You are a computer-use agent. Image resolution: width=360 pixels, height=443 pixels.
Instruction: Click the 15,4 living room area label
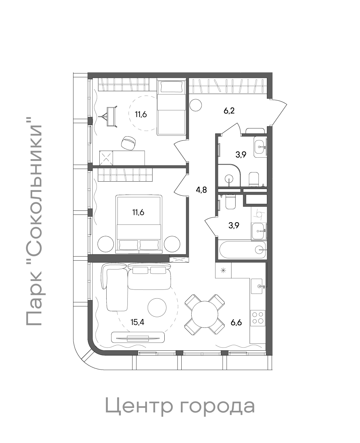(137, 322)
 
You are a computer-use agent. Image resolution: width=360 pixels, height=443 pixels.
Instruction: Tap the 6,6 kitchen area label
(236, 323)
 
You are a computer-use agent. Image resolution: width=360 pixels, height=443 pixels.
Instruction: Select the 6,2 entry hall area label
(229, 110)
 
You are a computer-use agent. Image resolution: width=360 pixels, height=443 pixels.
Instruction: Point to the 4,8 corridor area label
(201, 190)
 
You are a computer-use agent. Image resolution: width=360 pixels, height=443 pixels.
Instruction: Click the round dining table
(205, 314)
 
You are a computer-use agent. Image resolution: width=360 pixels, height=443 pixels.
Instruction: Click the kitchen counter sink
(258, 286)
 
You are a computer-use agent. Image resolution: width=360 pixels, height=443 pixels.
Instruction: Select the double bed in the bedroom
(139, 224)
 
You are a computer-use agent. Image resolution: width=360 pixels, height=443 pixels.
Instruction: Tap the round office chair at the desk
(129, 142)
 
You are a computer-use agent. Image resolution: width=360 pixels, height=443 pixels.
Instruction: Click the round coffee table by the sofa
(157, 308)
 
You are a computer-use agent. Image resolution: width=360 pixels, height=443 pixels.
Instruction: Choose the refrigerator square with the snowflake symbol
(223, 270)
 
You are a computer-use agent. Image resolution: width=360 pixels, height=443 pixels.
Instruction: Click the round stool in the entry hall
(196, 105)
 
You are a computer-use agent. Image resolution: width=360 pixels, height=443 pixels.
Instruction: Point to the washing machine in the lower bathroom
(259, 214)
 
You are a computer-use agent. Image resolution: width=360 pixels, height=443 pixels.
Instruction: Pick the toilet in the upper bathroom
(254, 179)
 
